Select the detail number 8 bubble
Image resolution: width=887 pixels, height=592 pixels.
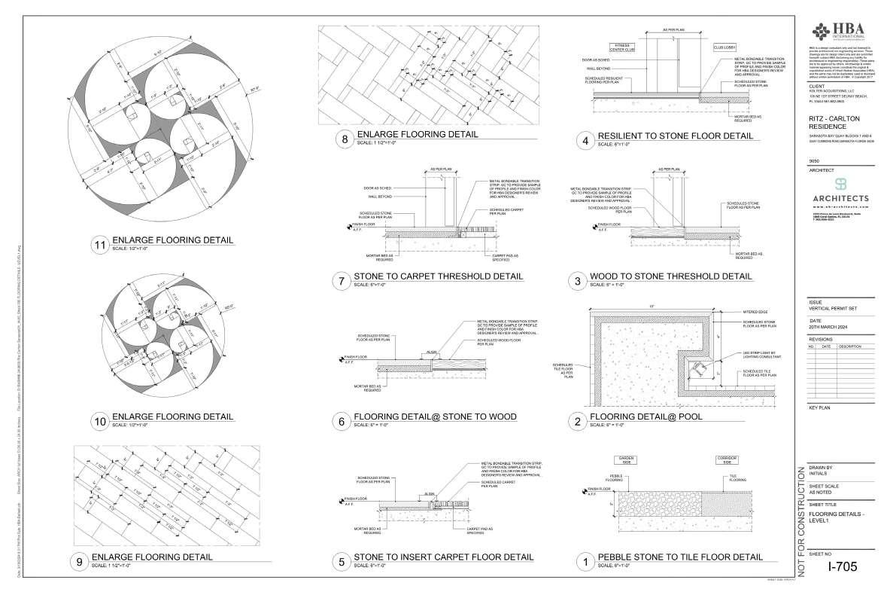(x=345, y=139)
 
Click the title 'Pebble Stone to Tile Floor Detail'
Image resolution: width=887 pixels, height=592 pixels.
(x=679, y=557)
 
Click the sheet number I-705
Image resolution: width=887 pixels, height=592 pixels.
(x=842, y=567)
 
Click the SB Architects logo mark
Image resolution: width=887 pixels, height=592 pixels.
(x=840, y=185)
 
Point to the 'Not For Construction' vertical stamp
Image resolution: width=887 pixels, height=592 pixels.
(x=800, y=519)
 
